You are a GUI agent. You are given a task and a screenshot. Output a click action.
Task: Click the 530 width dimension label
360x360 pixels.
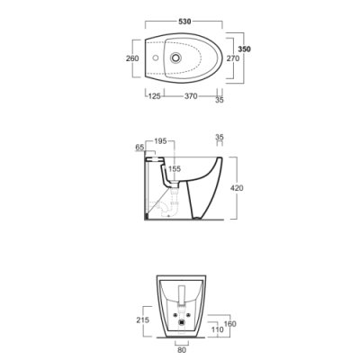point(184,22)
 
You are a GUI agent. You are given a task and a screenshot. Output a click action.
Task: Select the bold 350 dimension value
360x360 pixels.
point(244,49)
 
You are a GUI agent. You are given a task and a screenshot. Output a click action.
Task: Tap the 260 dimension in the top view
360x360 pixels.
point(132,58)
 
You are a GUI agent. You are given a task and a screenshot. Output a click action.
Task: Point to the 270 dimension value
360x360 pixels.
point(233,58)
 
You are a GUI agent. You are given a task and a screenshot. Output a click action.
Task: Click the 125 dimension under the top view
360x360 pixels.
point(155,96)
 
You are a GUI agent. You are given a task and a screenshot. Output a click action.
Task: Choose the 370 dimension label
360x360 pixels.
point(191,96)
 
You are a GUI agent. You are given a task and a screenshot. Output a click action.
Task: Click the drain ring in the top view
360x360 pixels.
point(175,58)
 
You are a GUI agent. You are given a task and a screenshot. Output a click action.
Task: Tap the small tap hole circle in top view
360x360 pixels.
point(156,58)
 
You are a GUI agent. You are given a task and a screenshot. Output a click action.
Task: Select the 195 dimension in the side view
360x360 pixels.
point(160,141)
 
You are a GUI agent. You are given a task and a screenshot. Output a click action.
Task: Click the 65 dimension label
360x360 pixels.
point(139,147)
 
